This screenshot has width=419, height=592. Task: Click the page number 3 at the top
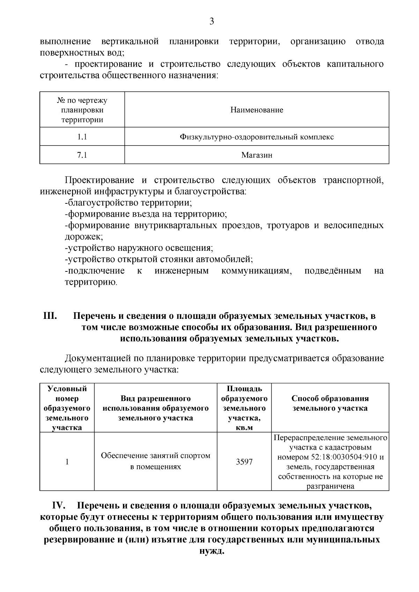[x=212, y=22]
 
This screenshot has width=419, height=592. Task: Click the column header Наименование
[x=257, y=110]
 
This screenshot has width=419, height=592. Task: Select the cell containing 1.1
[x=82, y=137]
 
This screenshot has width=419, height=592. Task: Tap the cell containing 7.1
[x=82, y=155]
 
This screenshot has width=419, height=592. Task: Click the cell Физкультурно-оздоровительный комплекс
[x=257, y=137]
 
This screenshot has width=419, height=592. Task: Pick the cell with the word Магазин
[x=257, y=155]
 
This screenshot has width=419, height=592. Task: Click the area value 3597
[x=244, y=462]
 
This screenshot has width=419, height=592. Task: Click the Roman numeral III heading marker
[x=50, y=316]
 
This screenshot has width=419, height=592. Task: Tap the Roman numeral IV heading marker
[x=59, y=506]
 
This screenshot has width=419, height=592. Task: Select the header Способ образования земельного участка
[x=330, y=403]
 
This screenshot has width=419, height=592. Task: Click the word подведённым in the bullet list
[x=333, y=271]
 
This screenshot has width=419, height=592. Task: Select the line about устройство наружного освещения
[x=139, y=248]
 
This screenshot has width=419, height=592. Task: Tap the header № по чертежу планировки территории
[x=82, y=110]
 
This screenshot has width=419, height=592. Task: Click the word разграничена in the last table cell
[x=330, y=486]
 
